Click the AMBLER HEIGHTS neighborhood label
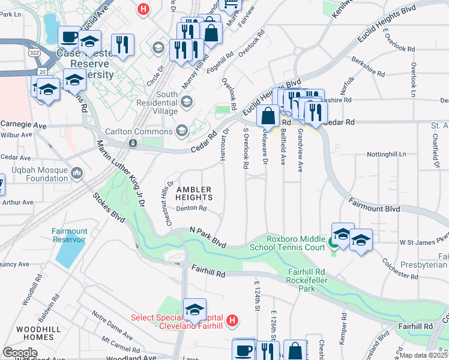(x=194, y=193)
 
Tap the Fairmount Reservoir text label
(x=69, y=235)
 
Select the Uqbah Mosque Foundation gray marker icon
(x=77, y=174)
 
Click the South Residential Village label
(x=158, y=103)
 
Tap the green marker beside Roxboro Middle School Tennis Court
(x=333, y=243)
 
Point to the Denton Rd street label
(x=191, y=209)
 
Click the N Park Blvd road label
(x=208, y=236)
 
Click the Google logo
(x=20, y=353)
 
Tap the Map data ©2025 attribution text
(x=423, y=355)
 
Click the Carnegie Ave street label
(x=23, y=125)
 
